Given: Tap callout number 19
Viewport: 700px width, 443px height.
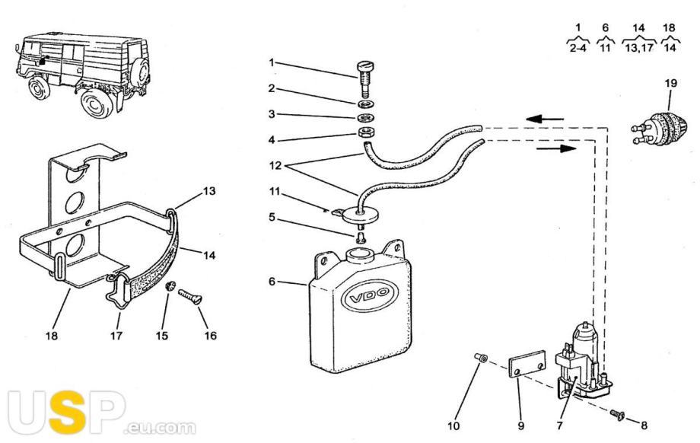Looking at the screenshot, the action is pyautogui.click(x=670, y=83).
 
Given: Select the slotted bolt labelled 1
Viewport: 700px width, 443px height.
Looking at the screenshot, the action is pyautogui.click(x=364, y=79).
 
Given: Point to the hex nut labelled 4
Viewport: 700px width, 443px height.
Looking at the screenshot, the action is pyautogui.click(x=366, y=133).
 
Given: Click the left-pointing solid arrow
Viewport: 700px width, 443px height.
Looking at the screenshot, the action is pyautogui.click(x=545, y=119).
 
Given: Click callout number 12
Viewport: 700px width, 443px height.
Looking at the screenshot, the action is pyautogui.click(x=275, y=166).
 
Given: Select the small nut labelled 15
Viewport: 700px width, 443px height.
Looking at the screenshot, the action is pyautogui.click(x=170, y=286).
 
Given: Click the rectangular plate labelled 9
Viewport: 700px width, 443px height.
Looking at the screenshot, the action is pyautogui.click(x=527, y=364).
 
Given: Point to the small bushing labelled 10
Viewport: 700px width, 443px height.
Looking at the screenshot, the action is pyautogui.click(x=480, y=358).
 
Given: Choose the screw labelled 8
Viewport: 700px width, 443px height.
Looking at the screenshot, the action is pyautogui.click(x=617, y=414).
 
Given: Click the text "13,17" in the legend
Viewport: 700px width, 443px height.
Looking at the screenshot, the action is pyautogui.click(x=639, y=48).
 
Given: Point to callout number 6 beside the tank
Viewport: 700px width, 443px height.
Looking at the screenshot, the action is pyautogui.click(x=272, y=282).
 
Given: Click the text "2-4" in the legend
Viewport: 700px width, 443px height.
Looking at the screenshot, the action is pyautogui.click(x=577, y=48).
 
